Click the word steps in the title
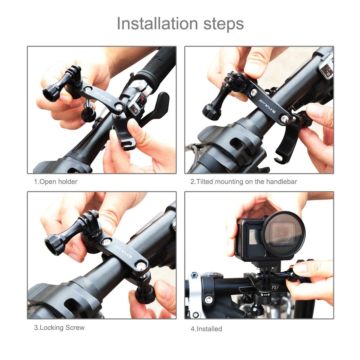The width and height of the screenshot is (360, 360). tap(222, 24)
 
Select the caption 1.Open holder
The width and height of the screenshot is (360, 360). tap(56, 181)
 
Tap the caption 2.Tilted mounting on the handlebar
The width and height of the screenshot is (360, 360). tap(243, 181)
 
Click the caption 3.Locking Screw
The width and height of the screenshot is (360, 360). tap(59, 327)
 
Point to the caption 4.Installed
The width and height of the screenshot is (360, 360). tap(206, 329)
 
